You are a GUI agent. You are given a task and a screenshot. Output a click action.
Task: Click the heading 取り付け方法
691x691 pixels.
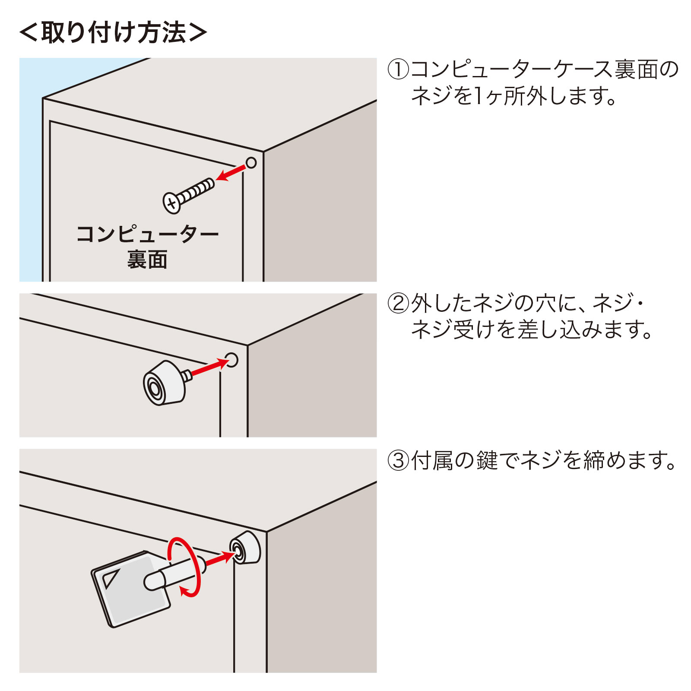pyautogui.click(x=113, y=33)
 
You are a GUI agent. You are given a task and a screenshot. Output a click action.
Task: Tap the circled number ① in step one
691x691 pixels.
pyautogui.click(x=398, y=70)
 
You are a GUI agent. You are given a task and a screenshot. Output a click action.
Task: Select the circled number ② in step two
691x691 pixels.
pyautogui.click(x=398, y=303)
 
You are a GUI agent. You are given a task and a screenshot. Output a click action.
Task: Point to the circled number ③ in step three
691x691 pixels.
pyautogui.click(x=398, y=460)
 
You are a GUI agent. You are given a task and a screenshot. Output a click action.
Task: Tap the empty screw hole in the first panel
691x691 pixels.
pyautogui.click(x=251, y=163)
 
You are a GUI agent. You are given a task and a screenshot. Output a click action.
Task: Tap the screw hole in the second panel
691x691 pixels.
pyautogui.click(x=231, y=360)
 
